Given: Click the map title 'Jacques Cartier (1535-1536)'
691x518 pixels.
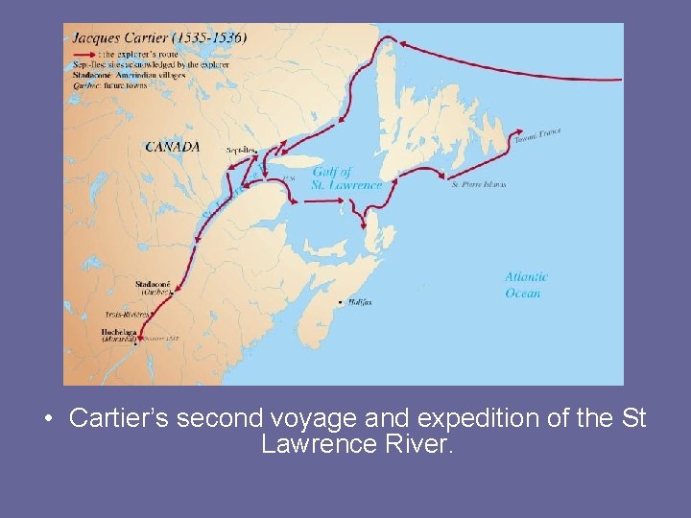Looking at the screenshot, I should click(158, 37).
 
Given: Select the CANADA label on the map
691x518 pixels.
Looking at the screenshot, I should click(173, 147).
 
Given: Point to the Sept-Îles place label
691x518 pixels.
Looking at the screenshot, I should click(241, 151).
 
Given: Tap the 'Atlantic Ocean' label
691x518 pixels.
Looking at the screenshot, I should click(526, 285).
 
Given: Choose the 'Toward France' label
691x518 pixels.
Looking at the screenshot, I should click(537, 136).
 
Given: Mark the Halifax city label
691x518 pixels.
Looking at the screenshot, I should click(361, 302).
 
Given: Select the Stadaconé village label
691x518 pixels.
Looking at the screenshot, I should click(154, 284).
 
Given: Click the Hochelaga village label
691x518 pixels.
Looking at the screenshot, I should click(119, 332).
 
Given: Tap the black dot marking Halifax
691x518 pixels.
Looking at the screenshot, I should click(341, 302).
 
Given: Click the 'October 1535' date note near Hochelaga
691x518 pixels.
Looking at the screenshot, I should click(160, 338).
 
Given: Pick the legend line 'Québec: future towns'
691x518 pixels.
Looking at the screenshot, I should click(107, 82).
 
